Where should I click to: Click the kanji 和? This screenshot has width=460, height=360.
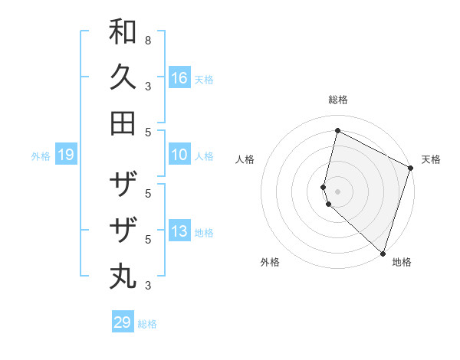point(123,32)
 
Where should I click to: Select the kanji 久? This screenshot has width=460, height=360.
point(123,77)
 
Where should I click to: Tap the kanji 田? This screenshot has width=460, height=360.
point(123,123)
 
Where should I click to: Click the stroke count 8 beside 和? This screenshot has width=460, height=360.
point(147,39)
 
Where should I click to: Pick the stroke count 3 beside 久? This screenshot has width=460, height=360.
point(147,87)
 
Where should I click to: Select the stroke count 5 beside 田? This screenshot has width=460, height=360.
point(147,132)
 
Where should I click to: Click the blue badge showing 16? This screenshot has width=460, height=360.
point(179,78)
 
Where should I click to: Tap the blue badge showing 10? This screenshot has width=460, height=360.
point(179,155)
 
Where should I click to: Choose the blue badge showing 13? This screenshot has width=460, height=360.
point(179,232)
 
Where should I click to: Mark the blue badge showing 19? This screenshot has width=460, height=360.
point(65,155)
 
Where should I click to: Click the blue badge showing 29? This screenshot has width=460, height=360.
point(123,322)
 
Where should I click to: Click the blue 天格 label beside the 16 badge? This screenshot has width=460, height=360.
point(204,79)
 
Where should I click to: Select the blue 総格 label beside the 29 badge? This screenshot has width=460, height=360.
point(147,323)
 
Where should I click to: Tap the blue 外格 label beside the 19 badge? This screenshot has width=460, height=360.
point(41,156)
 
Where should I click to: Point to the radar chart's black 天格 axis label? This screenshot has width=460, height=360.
point(431,159)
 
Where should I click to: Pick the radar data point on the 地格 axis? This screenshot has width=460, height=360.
point(383,252)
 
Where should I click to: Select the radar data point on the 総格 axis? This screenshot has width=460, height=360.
point(337,131)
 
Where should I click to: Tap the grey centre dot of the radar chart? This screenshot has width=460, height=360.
point(337,191)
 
